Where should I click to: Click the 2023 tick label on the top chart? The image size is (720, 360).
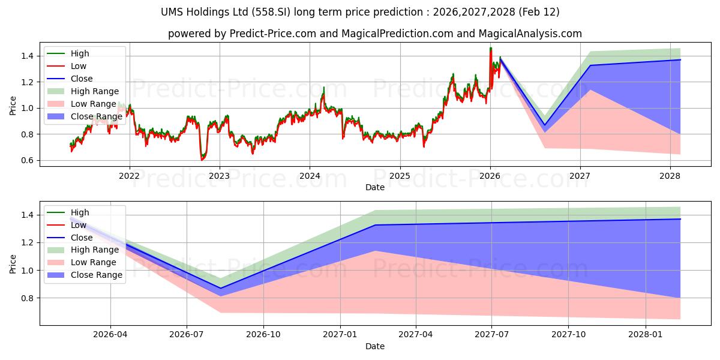pyautogui.click(x=219, y=176)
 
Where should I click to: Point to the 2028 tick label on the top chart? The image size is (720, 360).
pyautogui.click(x=670, y=176)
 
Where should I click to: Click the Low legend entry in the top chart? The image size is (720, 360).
pyautogui.click(x=79, y=66)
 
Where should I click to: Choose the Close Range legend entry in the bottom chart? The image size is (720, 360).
pyautogui.click(x=96, y=275)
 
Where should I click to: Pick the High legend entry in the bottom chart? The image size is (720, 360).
pyautogui.click(x=80, y=212)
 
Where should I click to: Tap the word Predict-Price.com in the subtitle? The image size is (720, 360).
pyautogui.click(x=273, y=34)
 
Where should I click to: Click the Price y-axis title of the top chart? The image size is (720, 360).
pyautogui.click(x=13, y=106)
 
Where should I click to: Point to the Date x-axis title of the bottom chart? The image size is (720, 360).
pyautogui.click(x=374, y=346)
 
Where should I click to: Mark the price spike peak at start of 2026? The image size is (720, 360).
pyautogui.click(x=490, y=48)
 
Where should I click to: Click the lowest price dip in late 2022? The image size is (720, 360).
pyautogui.click(x=202, y=160)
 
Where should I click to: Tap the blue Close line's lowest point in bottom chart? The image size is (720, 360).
pyautogui.click(x=220, y=288)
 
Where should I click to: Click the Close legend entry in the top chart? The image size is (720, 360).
pyautogui.click(x=82, y=79)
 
